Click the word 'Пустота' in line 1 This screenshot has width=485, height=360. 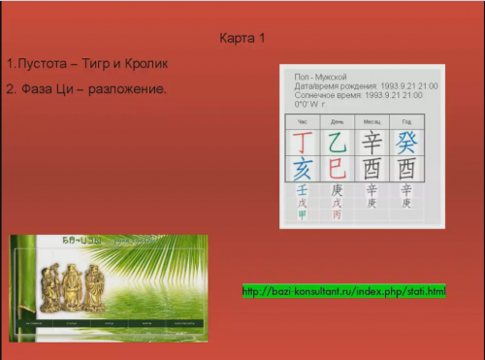tap(46, 64)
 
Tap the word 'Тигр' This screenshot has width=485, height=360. tap(101, 64)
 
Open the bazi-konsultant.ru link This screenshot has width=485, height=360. tap(343, 291)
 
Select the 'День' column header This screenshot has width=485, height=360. tap(337, 121)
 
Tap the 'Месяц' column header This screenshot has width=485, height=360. tap(372, 121)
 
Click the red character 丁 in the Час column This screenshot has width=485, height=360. tap(302, 142)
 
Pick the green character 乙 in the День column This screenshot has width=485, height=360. tap(337, 142)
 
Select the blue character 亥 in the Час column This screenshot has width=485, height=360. tap(302, 168)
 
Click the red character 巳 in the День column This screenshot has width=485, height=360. tap(337, 168)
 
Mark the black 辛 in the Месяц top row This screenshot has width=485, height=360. tap(372, 142)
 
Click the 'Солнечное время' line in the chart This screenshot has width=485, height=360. tap(358, 95)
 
